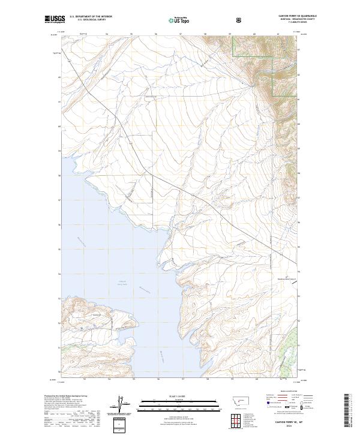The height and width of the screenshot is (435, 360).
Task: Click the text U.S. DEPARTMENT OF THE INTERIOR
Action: pos(91,17)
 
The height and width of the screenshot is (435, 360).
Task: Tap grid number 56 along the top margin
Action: pos(156,34)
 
